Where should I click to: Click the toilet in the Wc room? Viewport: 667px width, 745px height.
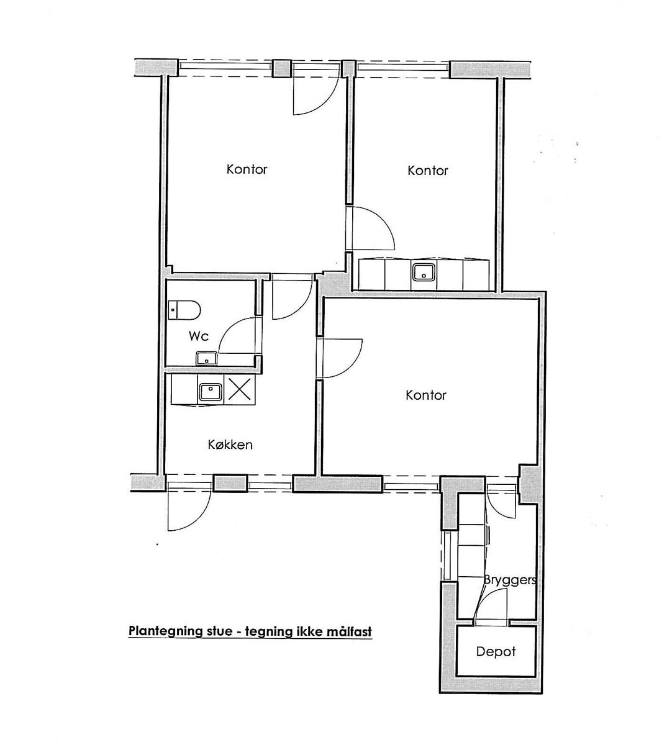[x=184, y=310]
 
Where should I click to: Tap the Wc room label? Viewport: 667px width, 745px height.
[x=199, y=336]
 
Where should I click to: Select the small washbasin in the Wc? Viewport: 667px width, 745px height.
[x=206, y=358]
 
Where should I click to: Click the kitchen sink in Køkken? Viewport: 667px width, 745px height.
[x=210, y=392]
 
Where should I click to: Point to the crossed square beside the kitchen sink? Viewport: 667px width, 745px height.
[x=240, y=389]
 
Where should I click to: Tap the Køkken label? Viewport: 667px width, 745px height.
[x=230, y=445]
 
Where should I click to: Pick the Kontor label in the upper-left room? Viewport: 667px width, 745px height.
[x=247, y=169]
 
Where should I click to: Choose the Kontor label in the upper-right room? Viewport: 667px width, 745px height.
[x=427, y=171]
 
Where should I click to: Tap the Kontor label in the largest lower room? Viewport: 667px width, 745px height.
[x=425, y=395]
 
